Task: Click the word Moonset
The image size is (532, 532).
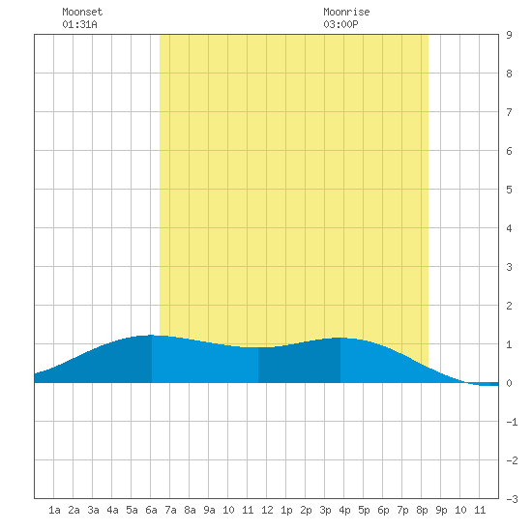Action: [82, 12]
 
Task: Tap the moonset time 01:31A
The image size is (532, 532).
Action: [79, 24]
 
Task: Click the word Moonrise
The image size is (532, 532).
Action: [346, 12]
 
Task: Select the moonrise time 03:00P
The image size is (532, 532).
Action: [340, 24]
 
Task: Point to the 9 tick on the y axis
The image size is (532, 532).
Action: [509, 35]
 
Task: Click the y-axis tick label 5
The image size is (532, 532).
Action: [509, 190]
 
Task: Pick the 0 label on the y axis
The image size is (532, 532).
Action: [509, 383]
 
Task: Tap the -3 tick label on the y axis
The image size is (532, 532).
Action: [512, 499]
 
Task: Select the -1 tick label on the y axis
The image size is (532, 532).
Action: [512, 422]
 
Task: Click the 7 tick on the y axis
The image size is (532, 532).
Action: [509, 112]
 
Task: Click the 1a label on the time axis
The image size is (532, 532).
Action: [54, 510]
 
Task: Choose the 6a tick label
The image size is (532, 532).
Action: [151, 510]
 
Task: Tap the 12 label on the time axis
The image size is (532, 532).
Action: [267, 510]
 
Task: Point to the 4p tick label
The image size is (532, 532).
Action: [344, 510]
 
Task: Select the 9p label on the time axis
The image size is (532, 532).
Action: [441, 510]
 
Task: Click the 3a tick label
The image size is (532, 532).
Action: [93, 510]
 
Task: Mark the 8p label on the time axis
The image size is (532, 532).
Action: [422, 510]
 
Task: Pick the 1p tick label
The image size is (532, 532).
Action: [286, 510]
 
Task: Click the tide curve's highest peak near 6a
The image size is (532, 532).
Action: [151, 336]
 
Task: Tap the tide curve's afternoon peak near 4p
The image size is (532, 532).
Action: [340, 338]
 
